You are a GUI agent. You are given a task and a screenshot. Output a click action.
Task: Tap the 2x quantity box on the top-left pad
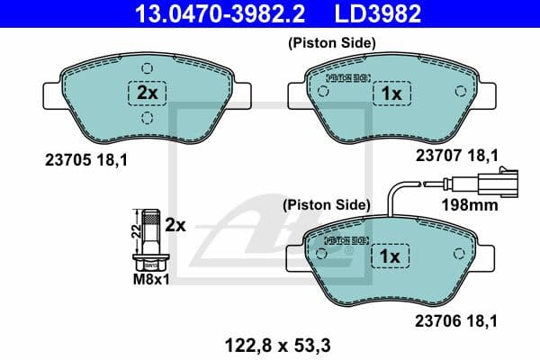147,94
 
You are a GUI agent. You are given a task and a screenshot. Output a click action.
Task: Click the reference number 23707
436,155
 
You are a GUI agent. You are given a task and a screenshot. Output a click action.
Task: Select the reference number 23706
436,319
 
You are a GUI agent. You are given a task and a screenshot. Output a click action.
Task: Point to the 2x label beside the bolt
175,225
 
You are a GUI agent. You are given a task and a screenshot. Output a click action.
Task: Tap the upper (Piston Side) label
331,42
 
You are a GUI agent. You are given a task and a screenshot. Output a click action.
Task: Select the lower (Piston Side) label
326,205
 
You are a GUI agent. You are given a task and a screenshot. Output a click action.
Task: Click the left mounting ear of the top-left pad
52,93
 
